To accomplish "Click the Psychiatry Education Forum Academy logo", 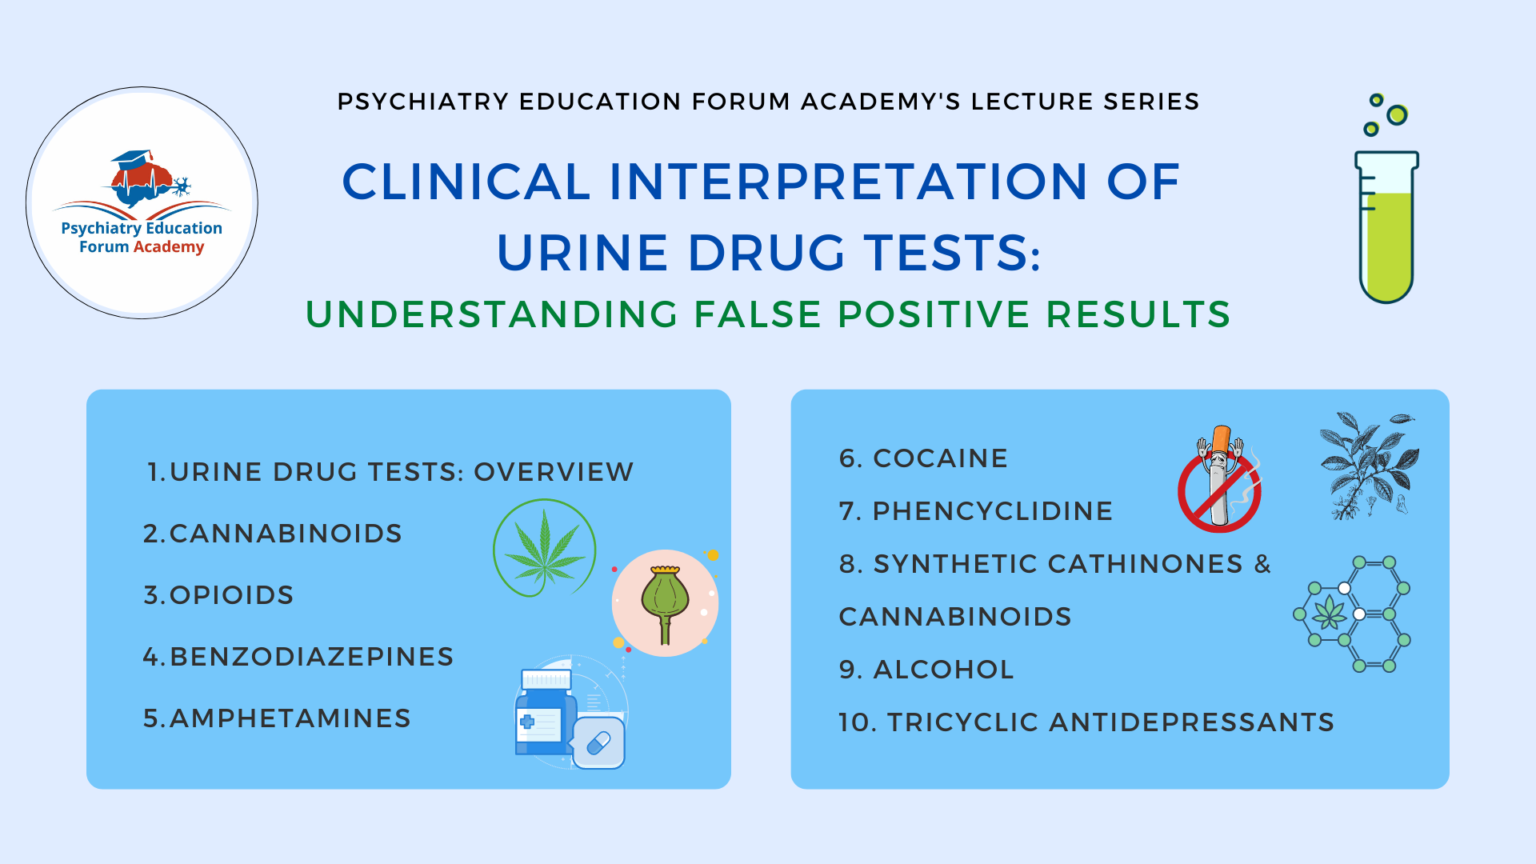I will pos(142,203).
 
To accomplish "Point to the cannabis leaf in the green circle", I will pos(544,549).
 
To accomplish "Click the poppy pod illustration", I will pos(665,602).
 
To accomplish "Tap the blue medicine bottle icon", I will pos(546,716).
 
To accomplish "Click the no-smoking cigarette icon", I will pos(1219,479).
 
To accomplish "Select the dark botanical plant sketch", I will pos(1368,466).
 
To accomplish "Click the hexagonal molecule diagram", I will pos(1353,614).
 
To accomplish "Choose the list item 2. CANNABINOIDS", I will pos(272,534).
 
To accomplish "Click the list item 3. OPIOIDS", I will pos(218,596).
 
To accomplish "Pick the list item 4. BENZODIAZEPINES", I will pos(298,657).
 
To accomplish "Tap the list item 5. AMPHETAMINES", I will pos(277,719).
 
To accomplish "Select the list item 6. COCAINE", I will pos(923,459).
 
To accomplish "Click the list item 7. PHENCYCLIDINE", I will pos(975,512).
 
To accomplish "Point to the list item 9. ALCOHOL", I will pos(926,670).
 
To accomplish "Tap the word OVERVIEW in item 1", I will pos(553,472).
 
